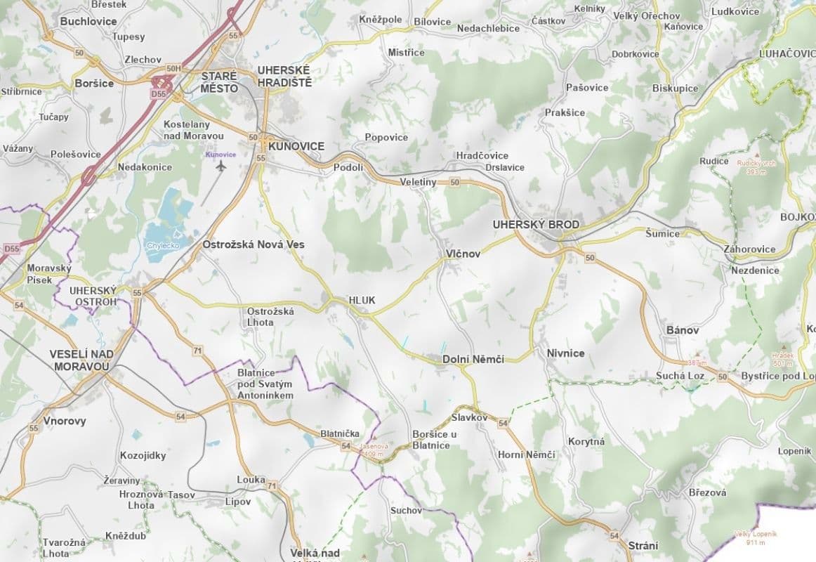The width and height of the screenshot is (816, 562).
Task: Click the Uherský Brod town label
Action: (537, 225)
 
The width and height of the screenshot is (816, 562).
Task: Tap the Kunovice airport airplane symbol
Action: (222, 166)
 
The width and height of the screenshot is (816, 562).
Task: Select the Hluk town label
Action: (362, 300)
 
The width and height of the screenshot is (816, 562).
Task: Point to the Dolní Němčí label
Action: (473, 359)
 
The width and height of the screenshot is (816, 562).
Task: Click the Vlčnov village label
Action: (463, 254)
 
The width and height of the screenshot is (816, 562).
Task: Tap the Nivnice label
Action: (565, 353)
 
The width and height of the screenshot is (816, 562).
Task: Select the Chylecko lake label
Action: (163, 245)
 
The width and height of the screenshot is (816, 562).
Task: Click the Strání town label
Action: (643, 545)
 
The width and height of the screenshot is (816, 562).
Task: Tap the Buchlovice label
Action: (88, 21)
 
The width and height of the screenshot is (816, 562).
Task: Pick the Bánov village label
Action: (682, 329)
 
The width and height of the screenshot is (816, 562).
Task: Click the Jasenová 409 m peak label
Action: (373, 450)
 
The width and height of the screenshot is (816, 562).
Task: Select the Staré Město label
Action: (219, 82)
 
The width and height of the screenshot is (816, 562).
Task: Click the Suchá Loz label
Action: (680, 376)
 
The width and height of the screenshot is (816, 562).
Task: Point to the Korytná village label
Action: (587, 441)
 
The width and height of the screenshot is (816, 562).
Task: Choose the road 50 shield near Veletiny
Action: (455, 183)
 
